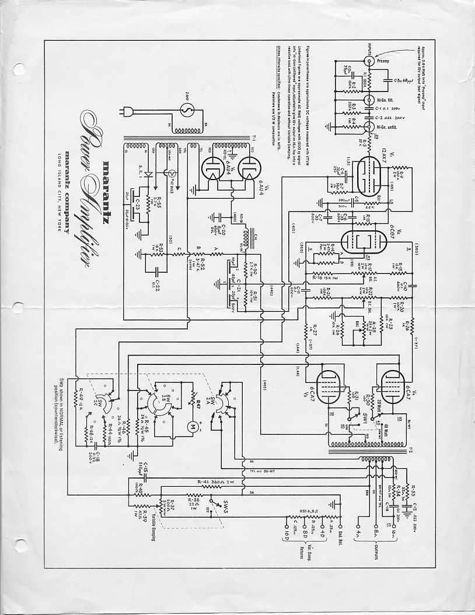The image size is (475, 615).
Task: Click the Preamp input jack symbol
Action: [369, 61]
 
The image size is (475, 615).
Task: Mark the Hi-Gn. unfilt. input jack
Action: [369, 125]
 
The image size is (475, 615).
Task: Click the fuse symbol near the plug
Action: [188, 110]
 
